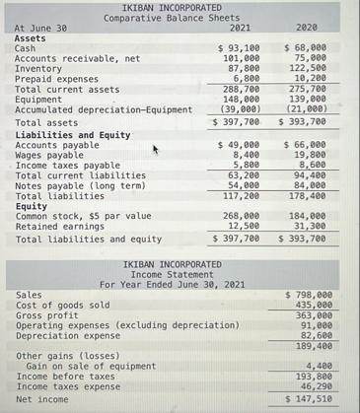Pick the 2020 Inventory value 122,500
tap(308, 69)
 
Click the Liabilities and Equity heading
tap(66, 135)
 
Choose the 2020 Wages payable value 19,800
tap(312, 155)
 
